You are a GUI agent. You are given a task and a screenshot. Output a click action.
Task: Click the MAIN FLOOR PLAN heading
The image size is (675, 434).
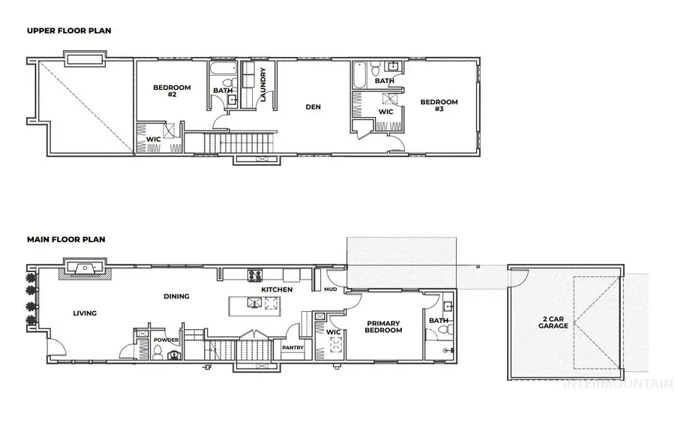coord(66,240)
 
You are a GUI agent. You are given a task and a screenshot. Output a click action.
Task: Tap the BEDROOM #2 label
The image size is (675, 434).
coord(172,91)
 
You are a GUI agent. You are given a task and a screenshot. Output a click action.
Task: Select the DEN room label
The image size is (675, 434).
coord(313,107)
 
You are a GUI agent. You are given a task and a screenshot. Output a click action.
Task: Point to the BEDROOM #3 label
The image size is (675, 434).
coord(439,106)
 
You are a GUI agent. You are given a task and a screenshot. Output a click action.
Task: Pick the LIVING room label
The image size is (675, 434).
coord(85,313)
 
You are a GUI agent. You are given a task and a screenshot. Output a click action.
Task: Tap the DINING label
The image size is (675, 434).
coord(176,296)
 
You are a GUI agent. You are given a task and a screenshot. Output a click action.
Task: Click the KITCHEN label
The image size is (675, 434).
coord(276,289)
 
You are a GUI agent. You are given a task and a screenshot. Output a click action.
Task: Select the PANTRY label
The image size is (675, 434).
coord(292,348)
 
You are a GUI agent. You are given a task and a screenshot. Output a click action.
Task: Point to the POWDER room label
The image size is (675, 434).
coord(165,339)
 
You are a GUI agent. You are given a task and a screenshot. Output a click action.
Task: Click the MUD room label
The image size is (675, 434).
coord(331,289)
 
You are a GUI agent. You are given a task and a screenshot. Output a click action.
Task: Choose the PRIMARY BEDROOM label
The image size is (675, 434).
coord(384,327)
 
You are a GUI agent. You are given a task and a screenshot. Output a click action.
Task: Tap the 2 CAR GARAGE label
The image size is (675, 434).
coord(553,323)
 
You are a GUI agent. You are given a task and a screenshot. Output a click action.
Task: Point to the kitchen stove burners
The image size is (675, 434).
coord(255,274)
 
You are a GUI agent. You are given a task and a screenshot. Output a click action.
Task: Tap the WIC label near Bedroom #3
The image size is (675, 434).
coord(386,112)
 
